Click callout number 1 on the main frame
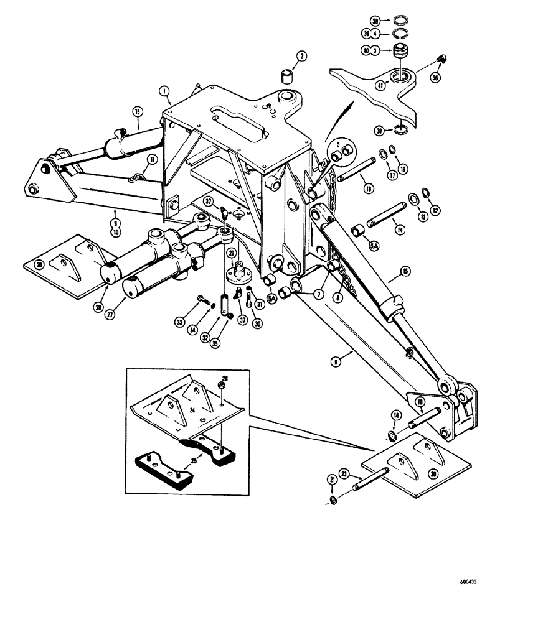(164, 91)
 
